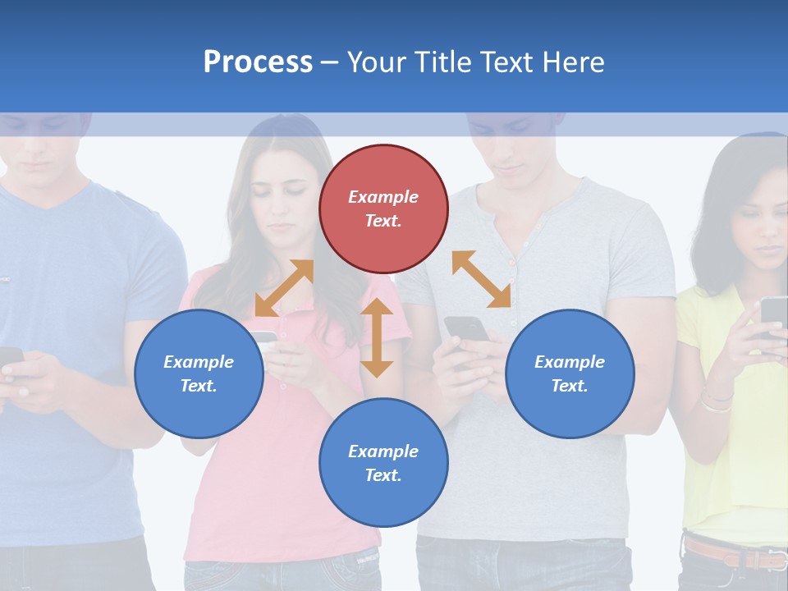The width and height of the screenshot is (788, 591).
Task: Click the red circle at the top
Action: pos(383,208)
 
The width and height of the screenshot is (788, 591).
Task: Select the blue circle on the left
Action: pos(199,373)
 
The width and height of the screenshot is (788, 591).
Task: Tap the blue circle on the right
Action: pos(570,373)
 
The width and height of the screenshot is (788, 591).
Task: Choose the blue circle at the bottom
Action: pos(383,462)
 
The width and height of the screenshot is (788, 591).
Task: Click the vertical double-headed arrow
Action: pos(377,337)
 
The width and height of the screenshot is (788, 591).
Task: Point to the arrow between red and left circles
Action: pos(284,288)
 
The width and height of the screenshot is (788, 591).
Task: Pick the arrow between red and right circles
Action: pos(481,279)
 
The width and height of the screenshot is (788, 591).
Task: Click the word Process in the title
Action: pos(258,62)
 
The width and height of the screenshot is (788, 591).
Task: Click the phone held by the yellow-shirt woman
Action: pos(773,316)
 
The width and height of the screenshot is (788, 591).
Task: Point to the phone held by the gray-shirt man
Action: pos(465,329)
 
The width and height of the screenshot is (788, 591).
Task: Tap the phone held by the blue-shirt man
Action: pos(10,357)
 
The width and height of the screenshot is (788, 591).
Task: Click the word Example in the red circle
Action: pos(383,197)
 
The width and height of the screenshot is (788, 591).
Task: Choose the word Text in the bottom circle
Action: pos(383,475)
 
